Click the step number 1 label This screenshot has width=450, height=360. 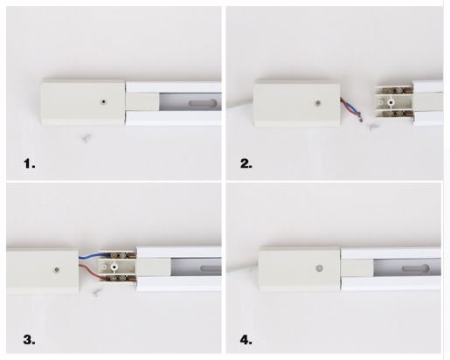coord(30,163)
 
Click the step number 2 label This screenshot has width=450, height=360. coord(246,163)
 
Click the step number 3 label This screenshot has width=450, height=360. coord(29,340)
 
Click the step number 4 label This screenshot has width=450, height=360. coord(246,340)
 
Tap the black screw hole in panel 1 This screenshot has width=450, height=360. coord(103,101)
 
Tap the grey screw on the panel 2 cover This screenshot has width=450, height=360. coord(318,102)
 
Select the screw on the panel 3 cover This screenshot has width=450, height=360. coord(57,269)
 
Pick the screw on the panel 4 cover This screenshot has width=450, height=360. coord(320,268)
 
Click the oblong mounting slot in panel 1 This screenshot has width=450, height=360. coord(203,103)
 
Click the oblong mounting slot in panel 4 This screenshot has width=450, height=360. coord(415,268)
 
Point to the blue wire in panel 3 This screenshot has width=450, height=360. coord(89,256)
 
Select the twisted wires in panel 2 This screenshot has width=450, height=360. coord(352,109)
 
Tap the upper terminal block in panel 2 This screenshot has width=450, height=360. coord(394,90)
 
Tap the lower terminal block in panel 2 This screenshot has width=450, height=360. coord(394,114)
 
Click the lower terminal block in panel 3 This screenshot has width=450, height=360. coord(118,279)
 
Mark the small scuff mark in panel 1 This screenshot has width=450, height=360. coord(87,138)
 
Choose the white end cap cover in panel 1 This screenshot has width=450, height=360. coord(83,102)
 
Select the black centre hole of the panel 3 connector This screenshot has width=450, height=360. coord(114,267)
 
